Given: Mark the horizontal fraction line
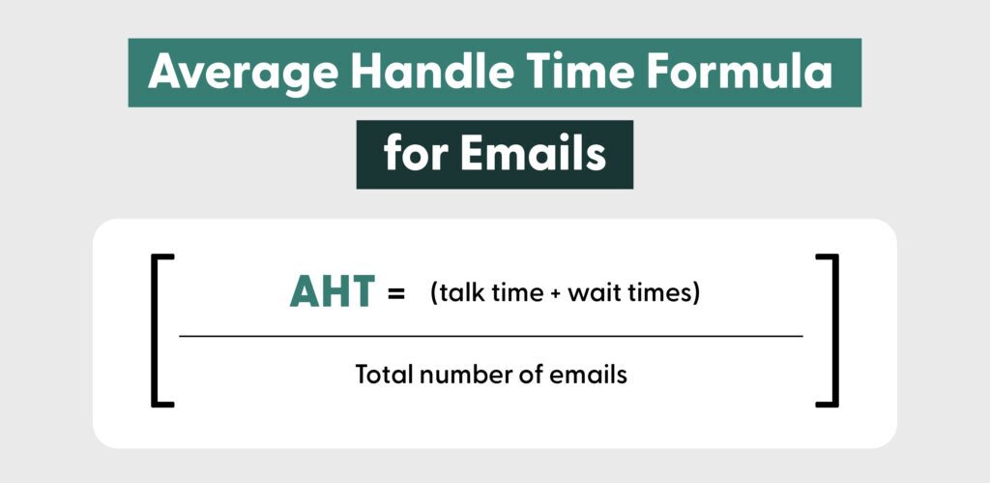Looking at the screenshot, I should [x=491, y=336].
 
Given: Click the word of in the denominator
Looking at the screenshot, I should [x=526, y=374].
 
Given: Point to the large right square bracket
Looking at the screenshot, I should [x=828, y=330].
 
